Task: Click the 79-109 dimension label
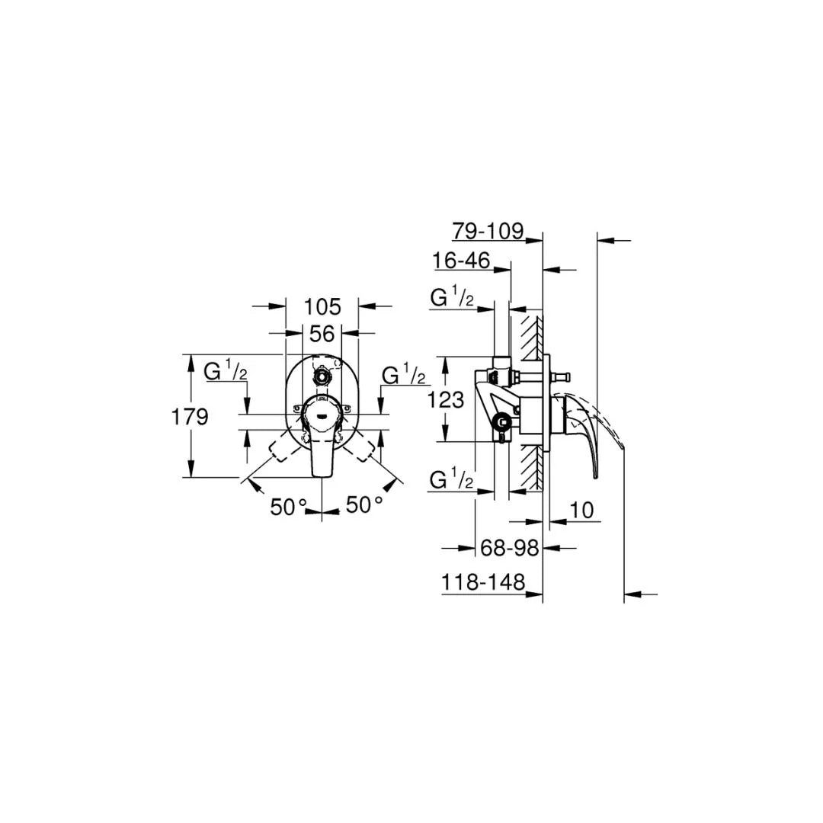pos(488,231)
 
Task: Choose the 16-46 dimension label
pos(461,261)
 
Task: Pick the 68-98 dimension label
pos(510,547)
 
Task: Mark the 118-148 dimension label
pos(483,583)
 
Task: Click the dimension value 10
pos(581,511)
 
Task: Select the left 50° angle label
pos(288,506)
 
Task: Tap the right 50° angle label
pos(364,504)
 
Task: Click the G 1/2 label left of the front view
pos(226,373)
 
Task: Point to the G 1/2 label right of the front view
pos(403,376)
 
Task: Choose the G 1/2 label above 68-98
pos(452,480)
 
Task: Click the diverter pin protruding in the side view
pos(562,376)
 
